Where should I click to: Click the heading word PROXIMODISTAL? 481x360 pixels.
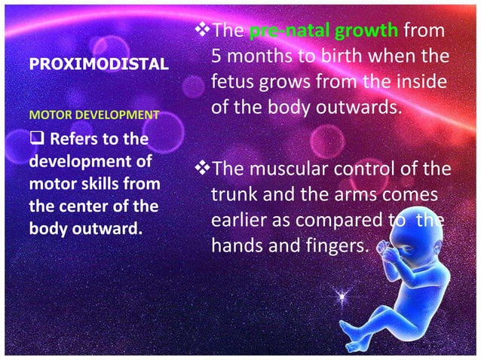98,66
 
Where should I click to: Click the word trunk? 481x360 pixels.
233,194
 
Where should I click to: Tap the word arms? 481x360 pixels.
372,194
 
